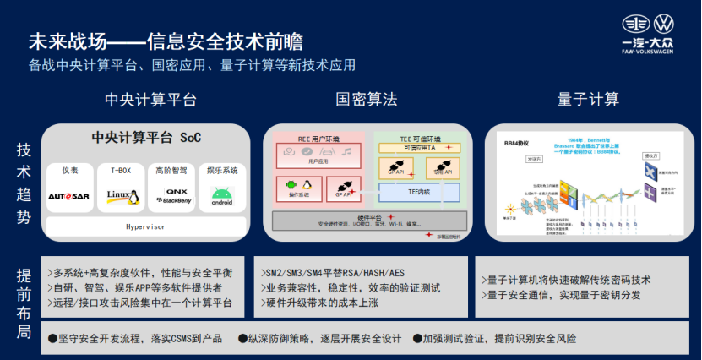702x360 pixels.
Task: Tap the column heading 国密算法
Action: click(366, 100)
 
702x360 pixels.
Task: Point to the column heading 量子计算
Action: click(588, 100)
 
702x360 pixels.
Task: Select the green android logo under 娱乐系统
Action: click(222, 196)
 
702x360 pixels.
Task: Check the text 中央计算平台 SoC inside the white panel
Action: click(146, 137)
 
